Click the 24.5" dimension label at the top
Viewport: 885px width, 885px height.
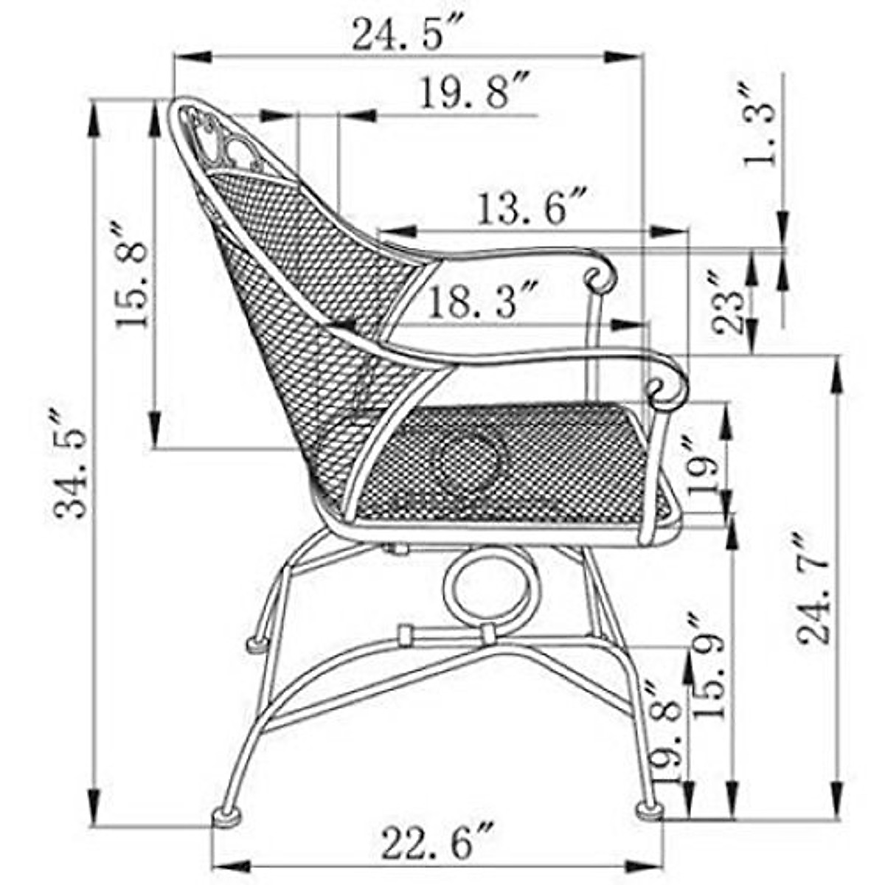click(x=403, y=33)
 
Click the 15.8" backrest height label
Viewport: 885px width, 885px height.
click(x=133, y=274)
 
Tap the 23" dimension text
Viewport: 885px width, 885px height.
click(x=729, y=302)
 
